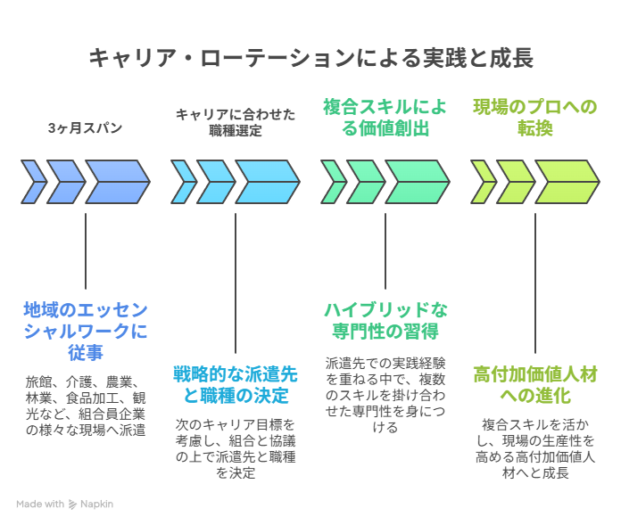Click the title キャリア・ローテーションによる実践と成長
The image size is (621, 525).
click(x=310, y=59)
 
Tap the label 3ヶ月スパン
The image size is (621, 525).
click(x=86, y=128)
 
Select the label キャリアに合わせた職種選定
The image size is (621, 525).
click(x=235, y=121)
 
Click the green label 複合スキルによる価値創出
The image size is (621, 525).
click(x=385, y=118)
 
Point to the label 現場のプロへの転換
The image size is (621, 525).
click(x=534, y=118)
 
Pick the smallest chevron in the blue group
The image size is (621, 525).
click(x=34, y=182)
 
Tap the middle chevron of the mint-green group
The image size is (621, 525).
click(x=365, y=182)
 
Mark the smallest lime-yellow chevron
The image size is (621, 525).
click(x=483, y=182)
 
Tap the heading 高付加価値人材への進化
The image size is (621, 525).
click(x=534, y=383)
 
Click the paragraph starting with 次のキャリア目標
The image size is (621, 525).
click(x=235, y=448)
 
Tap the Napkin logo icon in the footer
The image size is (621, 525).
click(x=72, y=504)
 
